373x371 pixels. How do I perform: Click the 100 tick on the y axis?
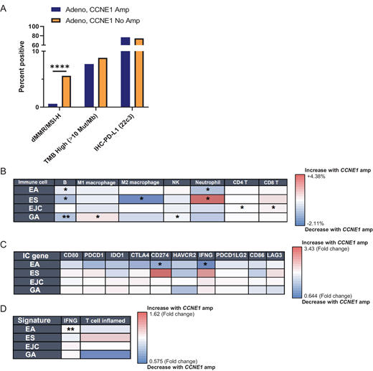pos(34,26)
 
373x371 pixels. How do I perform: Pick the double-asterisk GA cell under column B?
pos(65,215)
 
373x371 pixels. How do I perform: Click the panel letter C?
pos(5,245)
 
